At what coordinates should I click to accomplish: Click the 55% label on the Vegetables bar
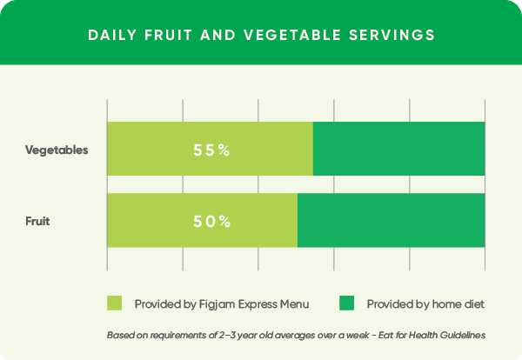211,150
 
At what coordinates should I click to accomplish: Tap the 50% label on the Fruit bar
211,222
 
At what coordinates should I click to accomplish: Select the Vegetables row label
57,150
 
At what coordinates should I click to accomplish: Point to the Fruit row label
37,221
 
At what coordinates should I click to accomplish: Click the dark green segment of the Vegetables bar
398,149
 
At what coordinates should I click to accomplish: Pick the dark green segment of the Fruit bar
391,220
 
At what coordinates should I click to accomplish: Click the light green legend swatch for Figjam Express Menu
114,303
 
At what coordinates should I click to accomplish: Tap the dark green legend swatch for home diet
346,303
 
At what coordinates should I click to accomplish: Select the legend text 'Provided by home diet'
425,304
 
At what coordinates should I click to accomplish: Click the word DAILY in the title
112,35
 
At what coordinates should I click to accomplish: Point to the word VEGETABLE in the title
292,35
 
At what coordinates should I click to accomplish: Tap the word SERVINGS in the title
392,35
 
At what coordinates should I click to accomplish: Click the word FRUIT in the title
169,35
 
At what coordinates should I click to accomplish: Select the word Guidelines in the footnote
463,335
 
